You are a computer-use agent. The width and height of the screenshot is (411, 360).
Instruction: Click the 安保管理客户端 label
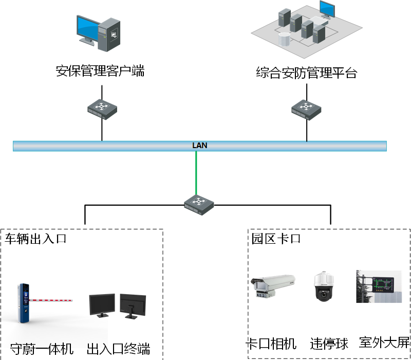pos(100,71)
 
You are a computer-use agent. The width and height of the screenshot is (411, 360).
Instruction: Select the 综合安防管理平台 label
pos(306,73)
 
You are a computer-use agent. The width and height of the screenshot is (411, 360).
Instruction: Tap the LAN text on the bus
pos(200,146)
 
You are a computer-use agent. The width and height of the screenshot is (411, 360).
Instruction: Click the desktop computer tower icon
pos(109,34)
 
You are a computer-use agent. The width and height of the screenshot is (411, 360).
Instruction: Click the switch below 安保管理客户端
pos(102,109)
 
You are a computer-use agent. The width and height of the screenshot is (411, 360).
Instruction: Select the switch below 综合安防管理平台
pos(307,109)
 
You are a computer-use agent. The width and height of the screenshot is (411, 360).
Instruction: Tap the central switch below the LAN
pos(199,203)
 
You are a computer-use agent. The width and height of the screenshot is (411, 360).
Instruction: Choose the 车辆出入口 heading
pos(36,239)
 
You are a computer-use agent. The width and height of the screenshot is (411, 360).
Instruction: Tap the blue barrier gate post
pos(22,303)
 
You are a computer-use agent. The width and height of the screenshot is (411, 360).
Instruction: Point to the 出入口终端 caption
pos(119,348)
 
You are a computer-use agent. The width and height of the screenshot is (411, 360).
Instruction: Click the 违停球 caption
pos(329,343)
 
